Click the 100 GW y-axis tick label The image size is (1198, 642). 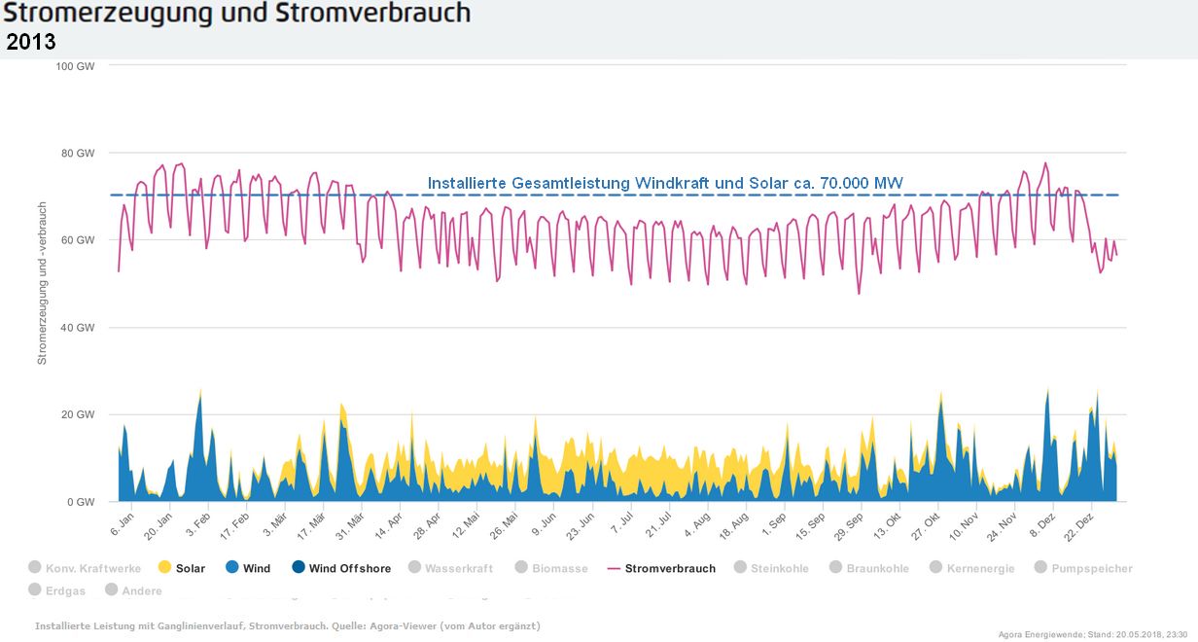point(77,66)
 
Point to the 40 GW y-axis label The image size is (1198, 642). point(79,328)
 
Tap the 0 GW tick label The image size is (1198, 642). point(82,503)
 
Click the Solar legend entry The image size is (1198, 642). point(191,568)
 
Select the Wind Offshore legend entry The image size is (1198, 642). point(349,568)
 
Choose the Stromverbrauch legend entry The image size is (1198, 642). point(670,568)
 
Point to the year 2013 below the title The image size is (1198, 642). point(31,42)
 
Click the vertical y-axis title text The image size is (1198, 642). point(42,284)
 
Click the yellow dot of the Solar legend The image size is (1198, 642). point(164,568)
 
